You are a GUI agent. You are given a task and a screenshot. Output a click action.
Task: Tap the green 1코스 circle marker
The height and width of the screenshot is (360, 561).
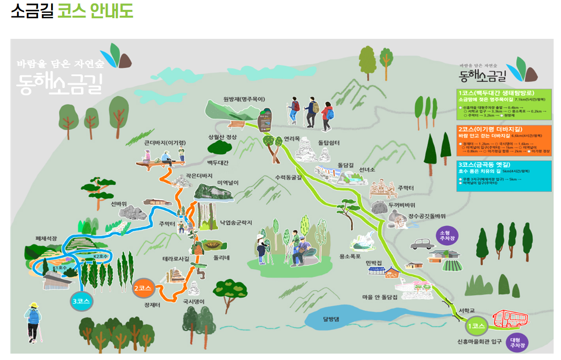tap(476, 326)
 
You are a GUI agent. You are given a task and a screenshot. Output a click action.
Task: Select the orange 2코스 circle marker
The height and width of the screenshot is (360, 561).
tap(142, 287)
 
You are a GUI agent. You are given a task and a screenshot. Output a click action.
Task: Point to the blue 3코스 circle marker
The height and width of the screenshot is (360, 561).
tap(80, 301)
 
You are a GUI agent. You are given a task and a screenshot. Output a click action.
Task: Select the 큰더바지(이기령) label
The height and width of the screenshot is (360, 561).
tap(165, 143)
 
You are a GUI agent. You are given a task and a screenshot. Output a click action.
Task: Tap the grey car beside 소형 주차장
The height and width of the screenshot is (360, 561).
tap(422, 243)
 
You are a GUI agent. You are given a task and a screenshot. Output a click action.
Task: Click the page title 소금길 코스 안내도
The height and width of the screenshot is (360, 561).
tap(72, 11)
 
